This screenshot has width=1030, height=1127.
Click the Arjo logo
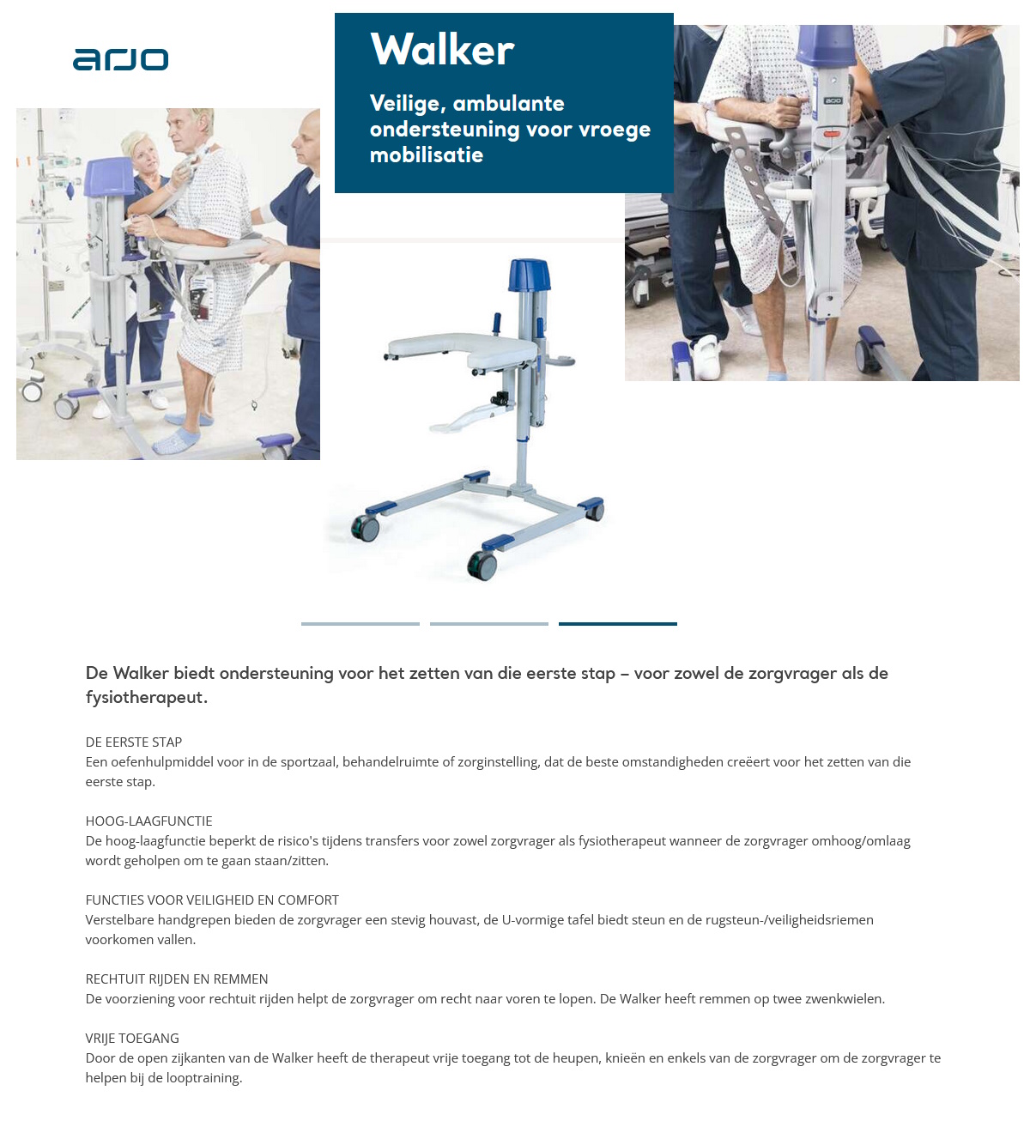[120, 59]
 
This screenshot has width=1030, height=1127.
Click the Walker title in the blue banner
[442, 50]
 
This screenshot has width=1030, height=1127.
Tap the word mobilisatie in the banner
[427, 155]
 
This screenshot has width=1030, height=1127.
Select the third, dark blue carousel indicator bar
[618, 624]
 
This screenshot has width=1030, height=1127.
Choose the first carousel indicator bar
[360, 624]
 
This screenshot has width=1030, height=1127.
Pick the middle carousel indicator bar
[489, 624]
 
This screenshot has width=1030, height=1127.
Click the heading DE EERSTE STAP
[134, 742]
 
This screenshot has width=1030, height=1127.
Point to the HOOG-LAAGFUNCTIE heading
[148, 821]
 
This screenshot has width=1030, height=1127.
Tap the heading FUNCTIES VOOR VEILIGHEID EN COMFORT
[212, 900]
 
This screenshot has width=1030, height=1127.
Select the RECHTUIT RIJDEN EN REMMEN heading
[177, 979]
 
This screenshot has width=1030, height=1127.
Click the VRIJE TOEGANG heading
[132, 1039]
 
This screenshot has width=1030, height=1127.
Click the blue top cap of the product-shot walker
[529, 276]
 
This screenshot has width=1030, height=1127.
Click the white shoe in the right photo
[706, 355]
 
